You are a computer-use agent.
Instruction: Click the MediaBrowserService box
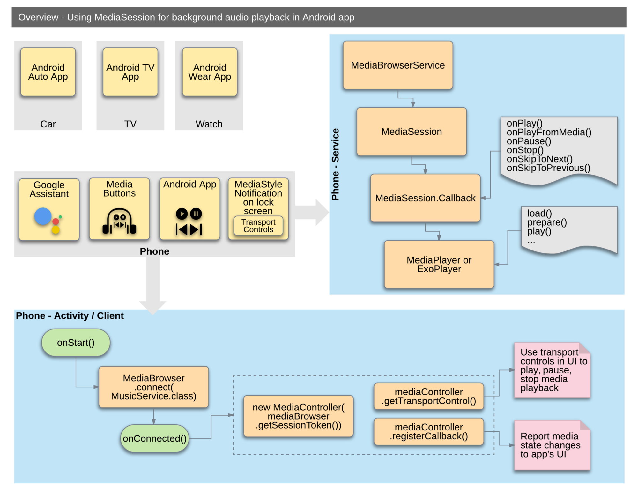click(x=398, y=65)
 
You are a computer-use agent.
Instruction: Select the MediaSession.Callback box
click(x=425, y=198)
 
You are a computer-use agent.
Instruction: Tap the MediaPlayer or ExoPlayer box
click(x=439, y=264)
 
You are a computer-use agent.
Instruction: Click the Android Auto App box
click(x=48, y=72)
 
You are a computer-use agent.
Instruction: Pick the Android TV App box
click(x=130, y=72)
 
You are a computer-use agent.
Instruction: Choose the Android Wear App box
click(x=210, y=72)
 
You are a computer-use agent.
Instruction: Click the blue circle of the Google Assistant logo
click(x=43, y=216)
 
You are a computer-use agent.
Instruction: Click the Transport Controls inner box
click(x=258, y=226)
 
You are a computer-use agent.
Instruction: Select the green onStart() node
click(x=76, y=343)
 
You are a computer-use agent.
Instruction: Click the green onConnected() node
click(x=155, y=438)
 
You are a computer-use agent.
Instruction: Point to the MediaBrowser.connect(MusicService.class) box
click(x=154, y=387)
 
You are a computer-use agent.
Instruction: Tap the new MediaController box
click(x=298, y=416)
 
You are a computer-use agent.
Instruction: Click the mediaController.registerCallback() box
click(x=429, y=432)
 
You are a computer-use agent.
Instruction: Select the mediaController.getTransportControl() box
click(x=429, y=396)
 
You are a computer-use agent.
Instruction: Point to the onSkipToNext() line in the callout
click(x=540, y=159)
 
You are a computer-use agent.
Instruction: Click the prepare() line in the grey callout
click(x=547, y=222)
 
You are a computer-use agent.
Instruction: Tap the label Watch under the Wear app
click(x=209, y=124)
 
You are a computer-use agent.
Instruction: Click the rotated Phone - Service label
click(x=335, y=164)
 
